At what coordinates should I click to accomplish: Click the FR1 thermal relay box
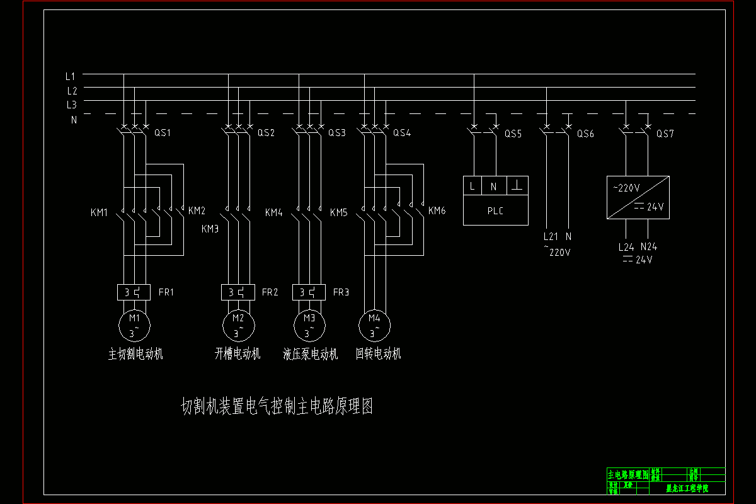coord(134,292)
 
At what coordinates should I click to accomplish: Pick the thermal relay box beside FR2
coord(238,292)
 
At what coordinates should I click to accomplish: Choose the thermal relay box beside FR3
coord(309,292)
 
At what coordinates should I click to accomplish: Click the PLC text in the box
coord(496,211)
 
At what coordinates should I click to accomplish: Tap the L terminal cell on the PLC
coord(472,186)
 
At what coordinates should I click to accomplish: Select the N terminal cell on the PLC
coord(494,186)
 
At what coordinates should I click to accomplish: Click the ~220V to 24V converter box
coord(638,197)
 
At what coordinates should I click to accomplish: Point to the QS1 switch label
coord(163,133)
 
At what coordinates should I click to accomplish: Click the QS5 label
coord(513,134)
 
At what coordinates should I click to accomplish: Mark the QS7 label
coord(665,134)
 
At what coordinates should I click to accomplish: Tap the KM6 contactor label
coord(437,210)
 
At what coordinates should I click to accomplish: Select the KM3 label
coord(210,229)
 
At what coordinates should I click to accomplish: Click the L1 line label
coord(71,76)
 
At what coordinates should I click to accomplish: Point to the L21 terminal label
coord(551,237)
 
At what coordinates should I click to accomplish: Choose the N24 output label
coord(649,247)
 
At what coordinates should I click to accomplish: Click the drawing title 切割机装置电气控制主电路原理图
coord(277,407)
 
